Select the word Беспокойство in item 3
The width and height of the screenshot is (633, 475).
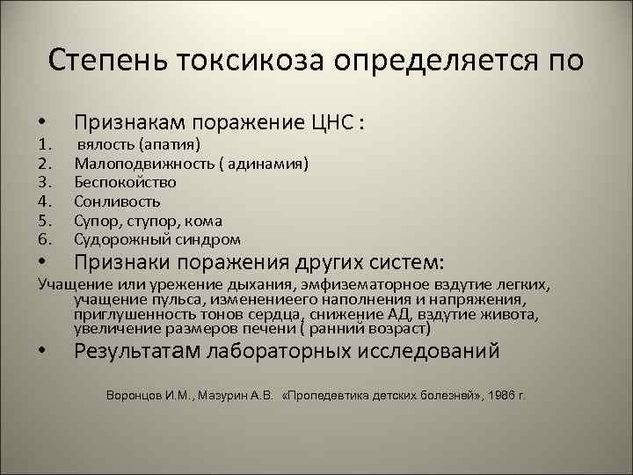coord(125,182)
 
